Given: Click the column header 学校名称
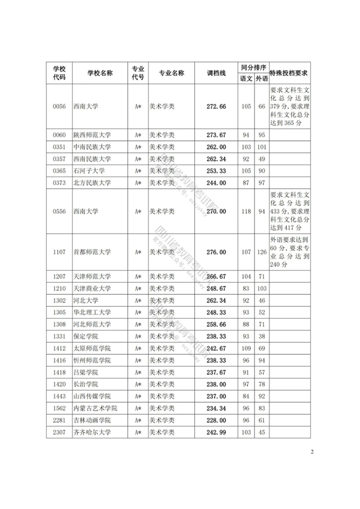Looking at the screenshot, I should click(99, 73).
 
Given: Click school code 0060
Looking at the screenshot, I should click(59, 135).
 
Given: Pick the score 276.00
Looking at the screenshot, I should click(216, 253).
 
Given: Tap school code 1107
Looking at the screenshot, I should click(59, 253).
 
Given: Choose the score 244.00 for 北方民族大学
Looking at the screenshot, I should click(216, 183).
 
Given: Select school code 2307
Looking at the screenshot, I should click(59, 432).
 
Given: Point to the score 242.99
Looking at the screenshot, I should click(216, 432).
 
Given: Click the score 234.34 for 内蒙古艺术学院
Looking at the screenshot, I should click(216, 408).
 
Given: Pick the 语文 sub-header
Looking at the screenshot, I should click(246, 79).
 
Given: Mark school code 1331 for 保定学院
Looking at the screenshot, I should click(59, 336).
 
